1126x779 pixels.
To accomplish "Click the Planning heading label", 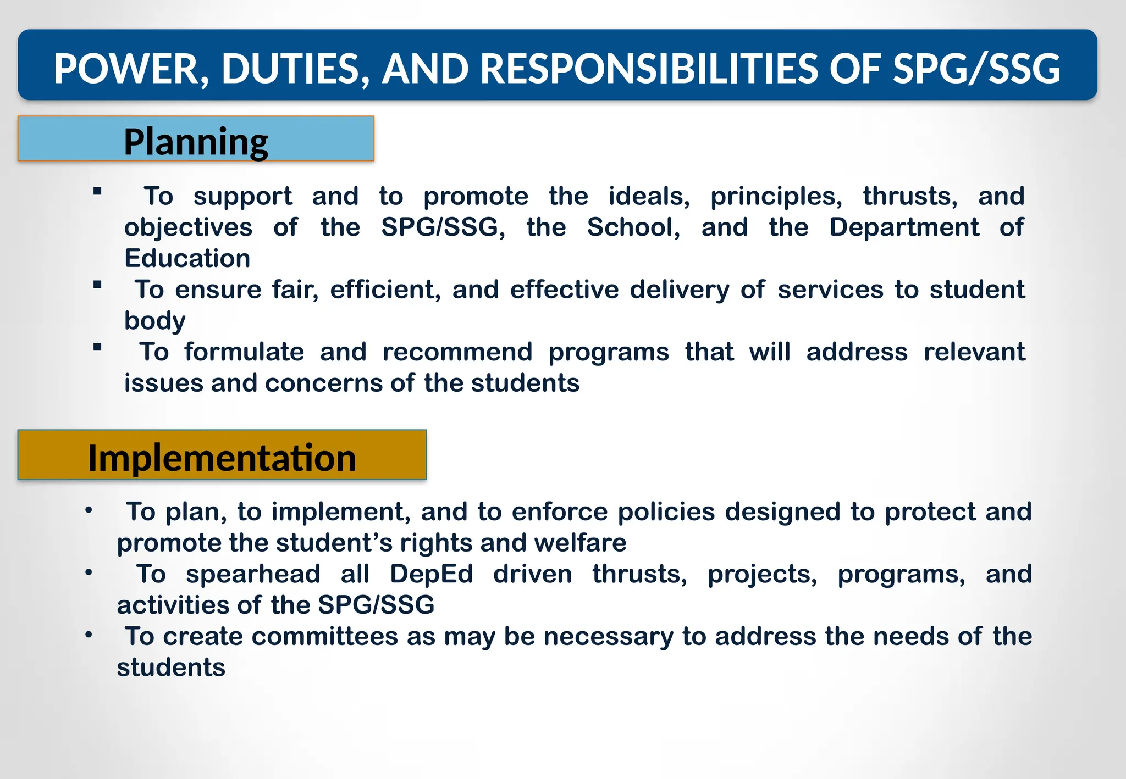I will click(x=196, y=142).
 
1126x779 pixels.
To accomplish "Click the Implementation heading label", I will click(x=222, y=458).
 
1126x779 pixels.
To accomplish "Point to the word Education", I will click(x=187, y=258).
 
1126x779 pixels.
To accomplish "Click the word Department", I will click(x=904, y=227).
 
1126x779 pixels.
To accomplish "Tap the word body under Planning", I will click(x=154, y=321).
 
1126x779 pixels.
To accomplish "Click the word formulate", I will click(x=244, y=352).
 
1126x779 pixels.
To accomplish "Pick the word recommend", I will click(x=457, y=352).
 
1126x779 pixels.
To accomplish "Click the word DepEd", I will click(x=431, y=574).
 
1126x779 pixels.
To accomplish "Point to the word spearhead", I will click(x=253, y=574).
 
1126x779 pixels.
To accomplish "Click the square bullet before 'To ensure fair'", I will click(x=97, y=285).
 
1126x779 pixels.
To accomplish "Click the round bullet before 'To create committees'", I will click(x=89, y=635).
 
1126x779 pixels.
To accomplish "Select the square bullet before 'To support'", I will click(x=97, y=191).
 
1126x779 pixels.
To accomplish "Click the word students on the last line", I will click(x=171, y=667).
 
